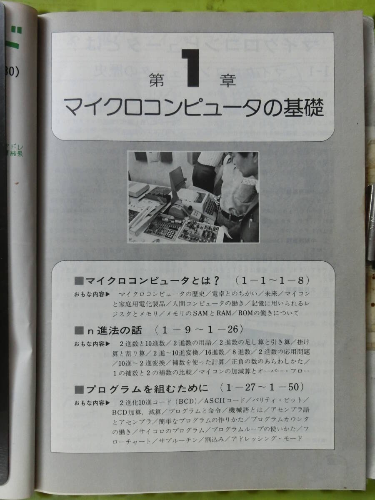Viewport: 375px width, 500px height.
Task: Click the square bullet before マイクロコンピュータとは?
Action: tap(78, 279)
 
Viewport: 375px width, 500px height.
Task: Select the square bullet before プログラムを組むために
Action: tap(78, 389)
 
